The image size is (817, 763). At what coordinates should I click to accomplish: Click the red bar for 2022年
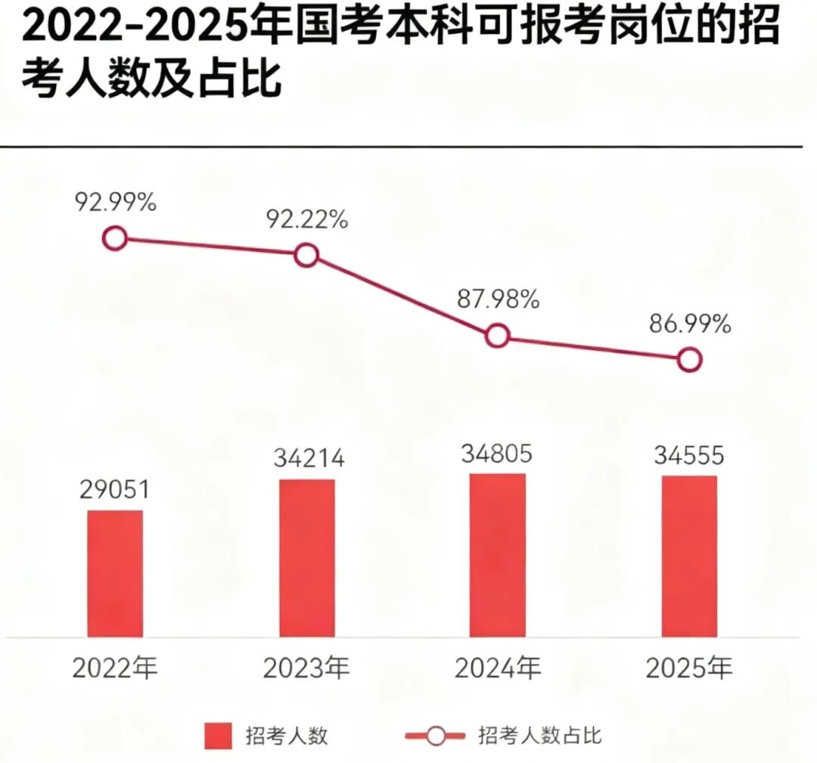pyautogui.click(x=115, y=573)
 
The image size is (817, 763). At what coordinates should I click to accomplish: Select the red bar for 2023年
pyautogui.click(x=306, y=558)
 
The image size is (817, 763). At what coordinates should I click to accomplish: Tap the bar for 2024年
pyautogui.click(x=497, y=555)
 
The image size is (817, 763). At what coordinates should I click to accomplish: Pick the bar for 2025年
pyautogui.click(x=688, y=556)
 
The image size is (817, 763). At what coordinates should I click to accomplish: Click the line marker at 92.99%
pyautogui.click(x=114, y=239)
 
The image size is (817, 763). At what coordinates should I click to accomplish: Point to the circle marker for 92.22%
pyautogui.click(x=306, y=256)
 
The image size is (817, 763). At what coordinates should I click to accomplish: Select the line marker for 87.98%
pyautogui.click(x=497, y=336)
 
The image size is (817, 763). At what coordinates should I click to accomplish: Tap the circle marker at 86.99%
pyautogui.click(x=688, y=359)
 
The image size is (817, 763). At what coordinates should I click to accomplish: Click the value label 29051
pyautogui.click(x=115, y=489)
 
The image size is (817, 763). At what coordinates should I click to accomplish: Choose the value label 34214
pyautogui.click(x=306, y=458)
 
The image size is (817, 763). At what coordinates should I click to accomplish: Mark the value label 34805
pyautogui.click(x=497, y=454)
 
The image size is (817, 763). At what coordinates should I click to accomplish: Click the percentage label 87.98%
pyautogui.click(x=498, y=299)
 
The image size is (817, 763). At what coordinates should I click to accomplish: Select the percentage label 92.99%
pyautogui.click(x=115, y=203)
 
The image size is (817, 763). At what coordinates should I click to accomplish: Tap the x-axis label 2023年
pyautogui.click(x=306, y=668)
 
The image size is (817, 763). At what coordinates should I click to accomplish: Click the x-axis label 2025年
pyautogui.click(x=688, y=668)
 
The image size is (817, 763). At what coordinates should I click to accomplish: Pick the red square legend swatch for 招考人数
pyautogui.click(x=218, y=736)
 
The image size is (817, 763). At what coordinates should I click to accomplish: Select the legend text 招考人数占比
pyautogui.click(x=540, y=735)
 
